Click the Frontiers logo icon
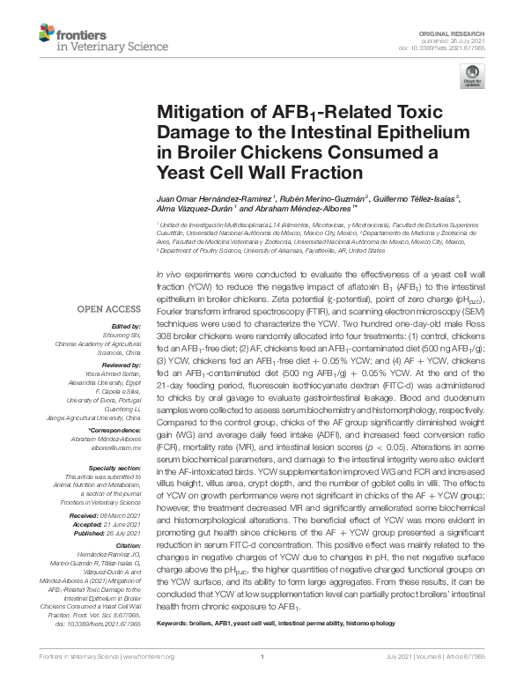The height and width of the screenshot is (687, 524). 47,36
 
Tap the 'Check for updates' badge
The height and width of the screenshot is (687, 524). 476,77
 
